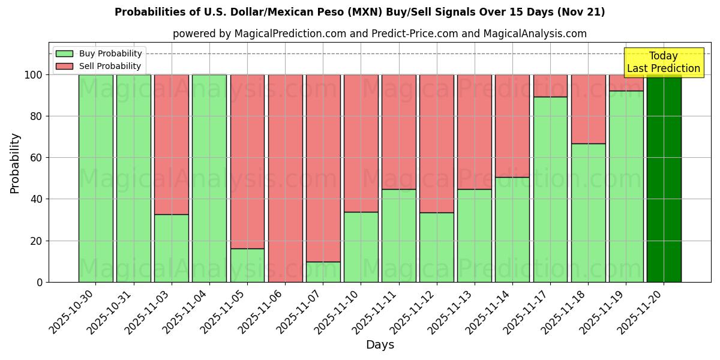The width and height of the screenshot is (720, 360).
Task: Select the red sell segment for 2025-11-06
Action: click(285, 178)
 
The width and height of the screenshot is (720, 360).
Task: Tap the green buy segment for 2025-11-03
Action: click(172, 248)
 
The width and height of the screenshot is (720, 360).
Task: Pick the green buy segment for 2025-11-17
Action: click(550, 189)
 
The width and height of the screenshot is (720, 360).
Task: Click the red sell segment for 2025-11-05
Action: click(247, 161)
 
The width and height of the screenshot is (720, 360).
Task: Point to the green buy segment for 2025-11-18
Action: click(588, 212)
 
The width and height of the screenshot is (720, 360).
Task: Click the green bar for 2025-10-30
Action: click(96, 178)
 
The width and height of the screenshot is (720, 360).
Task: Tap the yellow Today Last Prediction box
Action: click(664, 62)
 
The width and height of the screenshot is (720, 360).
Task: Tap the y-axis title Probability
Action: click(15, 163)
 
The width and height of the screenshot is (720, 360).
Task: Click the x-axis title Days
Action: click(380, 345)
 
